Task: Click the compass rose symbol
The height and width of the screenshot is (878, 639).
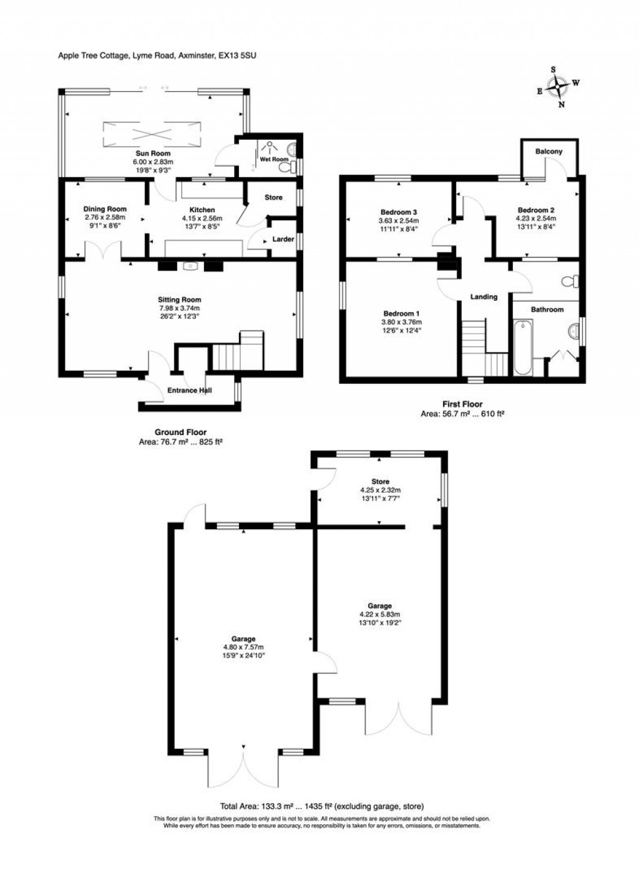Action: (x=557, y=87)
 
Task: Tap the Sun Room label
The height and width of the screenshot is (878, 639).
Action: (x=153, y=154)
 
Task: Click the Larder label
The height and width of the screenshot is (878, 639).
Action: (x=283, y=239)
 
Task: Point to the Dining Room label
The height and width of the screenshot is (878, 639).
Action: (x=105, y=210)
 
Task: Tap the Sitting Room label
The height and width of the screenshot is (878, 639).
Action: (x=180, y=300)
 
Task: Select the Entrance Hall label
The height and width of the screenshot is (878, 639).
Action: (x=190, y=391)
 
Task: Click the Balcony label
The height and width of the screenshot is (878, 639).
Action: (x=549, y=152)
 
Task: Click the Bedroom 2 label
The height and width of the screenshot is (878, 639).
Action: (x=535, y=210)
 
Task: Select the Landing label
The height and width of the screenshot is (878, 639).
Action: (x=484, y=297)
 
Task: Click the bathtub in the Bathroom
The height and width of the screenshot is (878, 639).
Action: (x=523, y=347)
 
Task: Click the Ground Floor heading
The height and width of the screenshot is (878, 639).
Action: (x=180, y=432)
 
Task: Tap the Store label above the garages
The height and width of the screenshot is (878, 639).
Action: (x=380, y=482)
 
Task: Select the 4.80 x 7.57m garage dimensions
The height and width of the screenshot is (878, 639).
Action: (x=243, y=647)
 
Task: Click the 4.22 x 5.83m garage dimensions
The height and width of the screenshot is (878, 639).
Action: (x=379, y=614)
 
